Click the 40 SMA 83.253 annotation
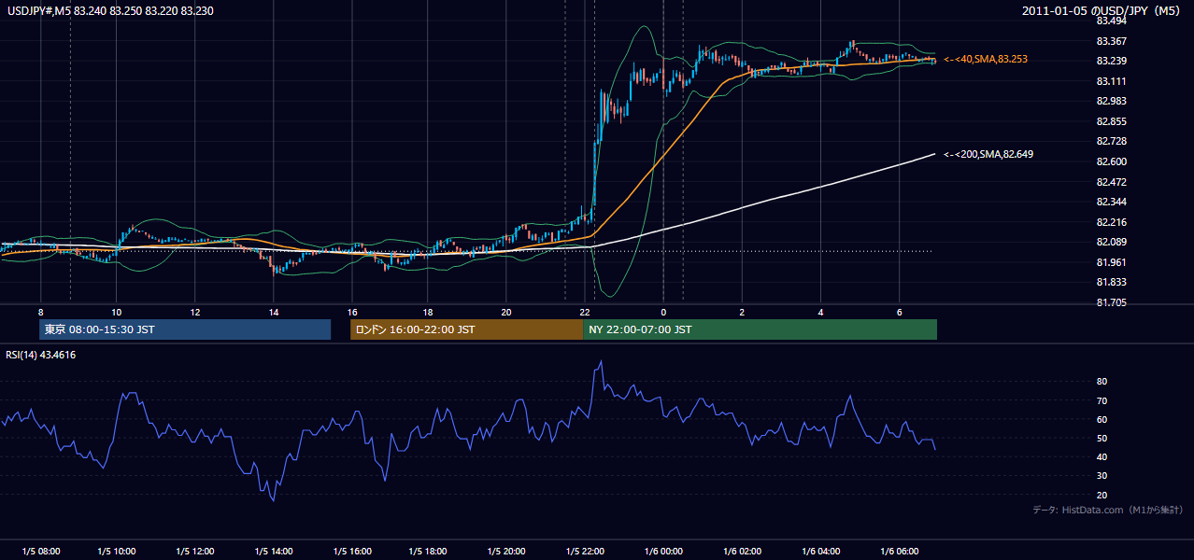tap(986, 59)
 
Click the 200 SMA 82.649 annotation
tap(988, 154)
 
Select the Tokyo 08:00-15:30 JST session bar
tap(185, 329)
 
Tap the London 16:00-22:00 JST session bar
tap(466, 329)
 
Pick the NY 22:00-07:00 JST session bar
tap(760, 329)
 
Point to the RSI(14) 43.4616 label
tap(40, 355)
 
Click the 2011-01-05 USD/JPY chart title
tap(1101, 10)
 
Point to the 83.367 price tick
tap(1112, 41)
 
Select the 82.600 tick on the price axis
tap(1112, 161)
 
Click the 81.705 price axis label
tap(1112, 302)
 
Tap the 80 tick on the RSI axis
tap(1102, 381)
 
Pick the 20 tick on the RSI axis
tap(1102, 495)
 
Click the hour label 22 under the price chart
tap(585, 313)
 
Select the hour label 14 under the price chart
tap(274, 313)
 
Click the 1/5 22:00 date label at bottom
tap(585, 551)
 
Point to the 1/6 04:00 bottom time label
tap(820, 551)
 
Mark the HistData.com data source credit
tap(1108, 510)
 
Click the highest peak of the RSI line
tap(602, 361)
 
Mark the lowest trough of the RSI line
tap(274, 501)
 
